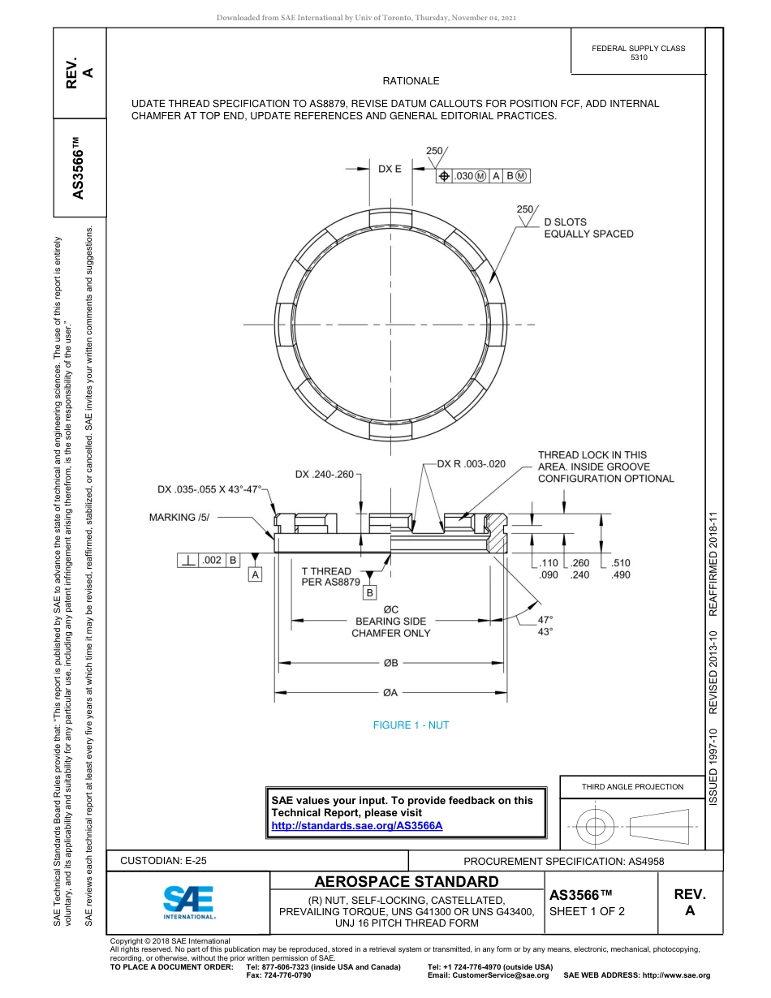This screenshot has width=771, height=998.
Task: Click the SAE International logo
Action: pyautogui.click(x=189, y=901)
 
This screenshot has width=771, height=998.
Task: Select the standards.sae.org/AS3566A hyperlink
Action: pyautogui.click(x=356, y=825)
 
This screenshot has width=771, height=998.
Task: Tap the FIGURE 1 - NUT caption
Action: pyautogui.click(x=411, y=725)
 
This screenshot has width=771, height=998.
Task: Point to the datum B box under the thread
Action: pyautogui.click(x=370, y=593)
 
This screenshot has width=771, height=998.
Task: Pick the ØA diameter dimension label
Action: pyautogui.click(x=390, y=693)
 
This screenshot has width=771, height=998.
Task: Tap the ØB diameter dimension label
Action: pyautogui.click(x=390, y=663)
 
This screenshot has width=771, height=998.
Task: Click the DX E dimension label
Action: pyautogui.click(x=390, y=169)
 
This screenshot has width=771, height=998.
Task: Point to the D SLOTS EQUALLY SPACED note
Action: pyautogui.click(x=588, y=228)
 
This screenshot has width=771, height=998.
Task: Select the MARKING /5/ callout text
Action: pyautogui.click(x=179, y=517)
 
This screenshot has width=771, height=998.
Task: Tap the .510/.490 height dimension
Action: pyautogui.click(x=621, y=569)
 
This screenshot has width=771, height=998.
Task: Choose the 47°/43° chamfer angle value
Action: pyautogui.click(x=545, y=626)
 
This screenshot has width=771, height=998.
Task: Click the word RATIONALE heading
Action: pyautogui.click(x=411, y=81)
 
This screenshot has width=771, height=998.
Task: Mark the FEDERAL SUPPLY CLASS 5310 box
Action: pyautogui.click(x=638, y=53)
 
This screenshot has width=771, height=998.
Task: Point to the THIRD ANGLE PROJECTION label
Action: pyautogui.click(x=632, y=786)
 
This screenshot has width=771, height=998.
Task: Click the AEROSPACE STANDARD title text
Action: pyautogui.click(x=407, y=882)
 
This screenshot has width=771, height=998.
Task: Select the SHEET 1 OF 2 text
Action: pyautogui.click(x=588, y=911)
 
